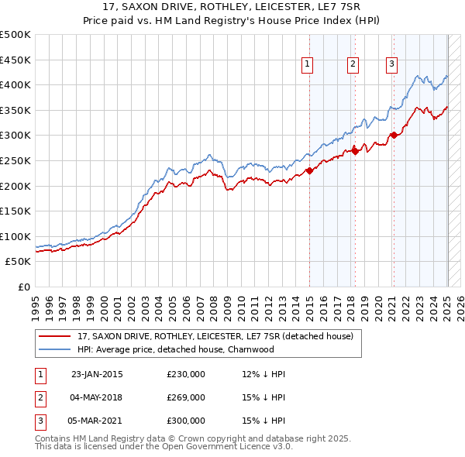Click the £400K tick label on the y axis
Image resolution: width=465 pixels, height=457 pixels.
pos(15,84)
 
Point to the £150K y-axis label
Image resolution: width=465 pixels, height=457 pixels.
pos(15,211)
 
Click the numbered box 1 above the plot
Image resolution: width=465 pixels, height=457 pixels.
pos(308,64)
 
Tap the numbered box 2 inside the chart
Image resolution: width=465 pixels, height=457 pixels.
pos(353,64)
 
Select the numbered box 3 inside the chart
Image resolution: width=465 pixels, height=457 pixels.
pos(392,64)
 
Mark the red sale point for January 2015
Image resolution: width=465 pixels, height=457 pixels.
pos(309,171)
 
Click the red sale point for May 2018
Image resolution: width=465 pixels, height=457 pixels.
pos(355,151)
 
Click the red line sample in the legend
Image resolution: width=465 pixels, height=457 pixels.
pos(56,337)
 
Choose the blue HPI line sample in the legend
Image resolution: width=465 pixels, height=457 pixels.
pos(56,349)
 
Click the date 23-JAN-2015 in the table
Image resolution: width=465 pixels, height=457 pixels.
pos(97,374)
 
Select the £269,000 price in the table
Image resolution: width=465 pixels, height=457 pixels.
pos(186,397)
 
